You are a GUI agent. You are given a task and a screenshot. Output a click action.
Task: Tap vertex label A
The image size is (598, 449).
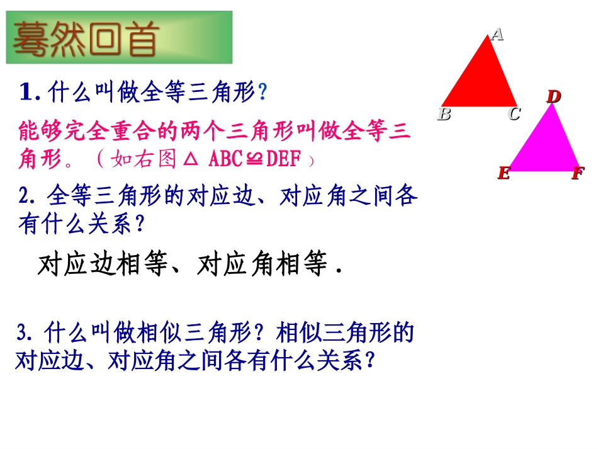click(497, 34)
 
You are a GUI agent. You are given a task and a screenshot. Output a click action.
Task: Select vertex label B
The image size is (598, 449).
click(444, 114)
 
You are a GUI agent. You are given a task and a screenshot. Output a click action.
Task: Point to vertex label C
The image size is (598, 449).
click(514, 114)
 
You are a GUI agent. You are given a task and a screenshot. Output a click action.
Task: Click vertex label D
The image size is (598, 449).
click(553, 96)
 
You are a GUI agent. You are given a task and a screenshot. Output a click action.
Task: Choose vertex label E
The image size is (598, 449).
click(503, 173)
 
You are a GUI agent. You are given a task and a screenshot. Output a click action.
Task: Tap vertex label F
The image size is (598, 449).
click(577, 173)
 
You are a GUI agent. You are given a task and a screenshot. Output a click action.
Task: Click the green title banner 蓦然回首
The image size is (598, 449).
click(119, 37)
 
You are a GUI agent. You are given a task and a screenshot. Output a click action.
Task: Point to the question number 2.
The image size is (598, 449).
click(25, 197)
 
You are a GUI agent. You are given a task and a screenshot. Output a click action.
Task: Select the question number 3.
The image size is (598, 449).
click(25, 331)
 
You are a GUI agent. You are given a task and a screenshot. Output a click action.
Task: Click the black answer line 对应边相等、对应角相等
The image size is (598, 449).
click(189, 266)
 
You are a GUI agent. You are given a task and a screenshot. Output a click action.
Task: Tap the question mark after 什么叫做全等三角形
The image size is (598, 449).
click(263, 94)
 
